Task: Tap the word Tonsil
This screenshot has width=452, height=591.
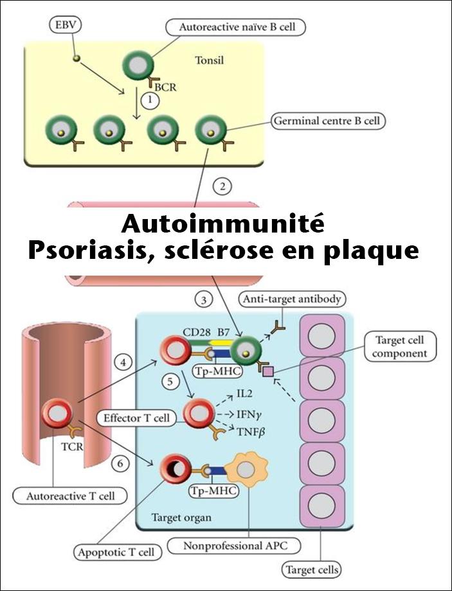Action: point(209,62)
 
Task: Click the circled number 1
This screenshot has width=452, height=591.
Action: point(150,100)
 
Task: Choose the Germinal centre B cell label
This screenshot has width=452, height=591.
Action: point(329,119)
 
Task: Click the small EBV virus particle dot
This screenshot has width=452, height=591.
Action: point(77,58)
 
